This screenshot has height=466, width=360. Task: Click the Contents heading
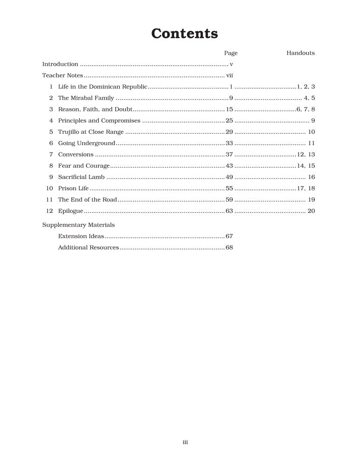[184, 34]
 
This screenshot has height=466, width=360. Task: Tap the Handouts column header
[300, 53]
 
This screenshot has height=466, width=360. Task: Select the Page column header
[231, 53]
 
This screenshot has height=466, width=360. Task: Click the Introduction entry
[60, 64]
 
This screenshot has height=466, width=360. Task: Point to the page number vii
[229, 75]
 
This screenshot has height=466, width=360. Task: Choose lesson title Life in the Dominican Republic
[102, 87]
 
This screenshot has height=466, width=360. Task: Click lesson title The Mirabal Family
[86, 98]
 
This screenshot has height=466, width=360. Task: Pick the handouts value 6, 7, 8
[306, 109]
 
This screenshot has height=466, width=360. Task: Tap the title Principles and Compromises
[99, 121]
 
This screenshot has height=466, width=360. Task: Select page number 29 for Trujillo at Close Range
[229, 132]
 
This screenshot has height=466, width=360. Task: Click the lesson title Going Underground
[86, 143]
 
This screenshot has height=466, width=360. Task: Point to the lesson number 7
[51, 154]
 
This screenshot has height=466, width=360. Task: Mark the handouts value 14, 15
[306, 166]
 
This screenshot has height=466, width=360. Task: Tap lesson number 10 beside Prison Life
[49, 188]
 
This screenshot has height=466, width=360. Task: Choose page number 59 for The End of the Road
[229, 199]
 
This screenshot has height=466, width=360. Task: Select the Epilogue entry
[70, 211]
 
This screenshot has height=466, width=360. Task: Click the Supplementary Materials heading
[78, 225]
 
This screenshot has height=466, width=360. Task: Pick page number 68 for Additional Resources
[229, 247]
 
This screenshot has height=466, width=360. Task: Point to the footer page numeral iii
[185, 442]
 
